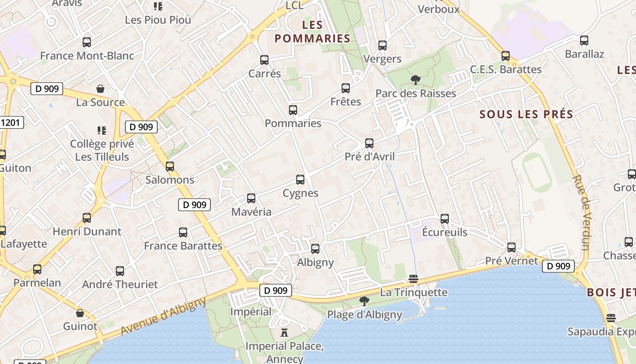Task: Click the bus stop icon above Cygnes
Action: [300, 180]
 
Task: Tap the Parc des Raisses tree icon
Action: [415, 80]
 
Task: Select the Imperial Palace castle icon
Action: [284, 333]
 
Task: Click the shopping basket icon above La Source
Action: [100, 89]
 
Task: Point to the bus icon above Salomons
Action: [170, 167]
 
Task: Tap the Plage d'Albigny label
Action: [364, 314]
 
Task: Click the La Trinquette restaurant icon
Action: [413, 278]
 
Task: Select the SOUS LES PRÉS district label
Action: [527, 114]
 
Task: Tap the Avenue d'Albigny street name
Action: [164, 317]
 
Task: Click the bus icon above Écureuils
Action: [445, 219]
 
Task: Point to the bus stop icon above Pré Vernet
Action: [512, 248]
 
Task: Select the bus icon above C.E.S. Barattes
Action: [506, 56]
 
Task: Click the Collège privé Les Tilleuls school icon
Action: [102, 131]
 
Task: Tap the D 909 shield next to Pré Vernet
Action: [558, 266]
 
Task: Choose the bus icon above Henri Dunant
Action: [87, 218]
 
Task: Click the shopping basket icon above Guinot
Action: [80, 313]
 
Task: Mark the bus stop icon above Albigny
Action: [315, 249]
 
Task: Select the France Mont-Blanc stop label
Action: [87, 56]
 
